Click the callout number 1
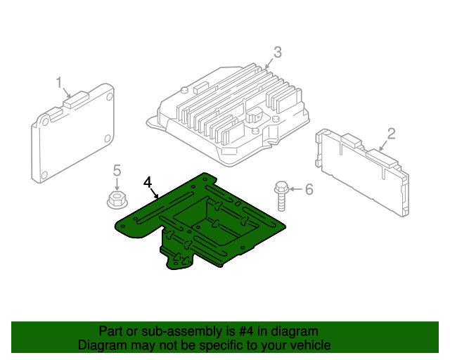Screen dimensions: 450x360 coord(59,83)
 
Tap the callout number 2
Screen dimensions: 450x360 coord(391,134)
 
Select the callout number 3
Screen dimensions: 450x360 coord(278,52)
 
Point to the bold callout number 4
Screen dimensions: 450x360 coord(148,183)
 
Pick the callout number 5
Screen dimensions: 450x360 coord(117,171)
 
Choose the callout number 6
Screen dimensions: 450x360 coord(309,189)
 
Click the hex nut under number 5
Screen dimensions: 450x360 coord(117,200)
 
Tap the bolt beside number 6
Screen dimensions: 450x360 coord(281,196)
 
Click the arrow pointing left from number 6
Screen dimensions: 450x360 coord(295,189)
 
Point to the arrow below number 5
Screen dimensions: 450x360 coord(117,184)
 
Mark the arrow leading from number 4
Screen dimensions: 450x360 coord(153,193)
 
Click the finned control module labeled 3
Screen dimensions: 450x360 coord(228,115)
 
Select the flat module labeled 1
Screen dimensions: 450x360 coord(72,134)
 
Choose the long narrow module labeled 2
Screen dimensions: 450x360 coord(362,172)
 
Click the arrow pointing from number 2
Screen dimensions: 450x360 coord(384,146)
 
